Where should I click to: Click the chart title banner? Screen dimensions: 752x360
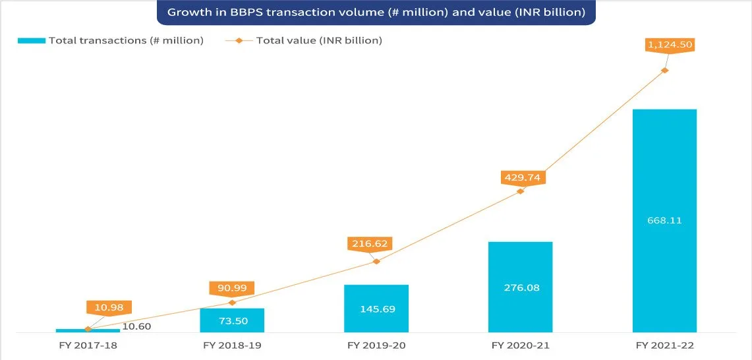pyautogui.click(x=376, y=13)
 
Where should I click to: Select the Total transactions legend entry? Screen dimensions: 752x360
pyautogui.click(x=111, y=41)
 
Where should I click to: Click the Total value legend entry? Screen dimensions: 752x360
pyautogui.click(x=304, y=41)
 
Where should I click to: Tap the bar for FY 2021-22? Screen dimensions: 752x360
pyautogui.click(x=664, y=221)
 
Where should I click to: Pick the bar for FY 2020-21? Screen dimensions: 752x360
pyautogui.click(x=521, y=287)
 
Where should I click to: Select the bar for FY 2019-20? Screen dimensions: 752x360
pyautogui.click(x=376, y=309)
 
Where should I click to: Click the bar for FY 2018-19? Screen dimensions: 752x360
pyautogui.click(x=232, y=320)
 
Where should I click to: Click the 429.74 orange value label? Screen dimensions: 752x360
pyautogui.click(x=522, y=177)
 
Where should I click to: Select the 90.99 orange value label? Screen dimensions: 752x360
pyautogui.click(x=231, y=289)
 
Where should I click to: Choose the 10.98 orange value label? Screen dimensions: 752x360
pyautogui.click(x=109, y=308)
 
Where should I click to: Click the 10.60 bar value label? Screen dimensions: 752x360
pyautogui.click(x=138, y=327)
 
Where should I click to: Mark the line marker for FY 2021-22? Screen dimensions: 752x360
pyautogui.click(x=665, y=70)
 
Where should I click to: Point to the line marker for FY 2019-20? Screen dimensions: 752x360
pyautogui.click(x=376, y=261)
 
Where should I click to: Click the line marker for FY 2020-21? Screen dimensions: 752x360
pyautogui.click(x=521, y=191)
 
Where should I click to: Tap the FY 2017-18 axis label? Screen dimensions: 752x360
pyautogui.click(x=88, y=345)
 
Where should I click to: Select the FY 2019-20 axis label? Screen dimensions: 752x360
pyautogui.click(x=376, y=345)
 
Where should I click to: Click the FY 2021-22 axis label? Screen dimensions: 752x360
pyautogui.click(x=665, y=345)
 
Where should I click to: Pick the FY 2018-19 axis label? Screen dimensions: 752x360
pyautogui.click(x=232, y=345)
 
